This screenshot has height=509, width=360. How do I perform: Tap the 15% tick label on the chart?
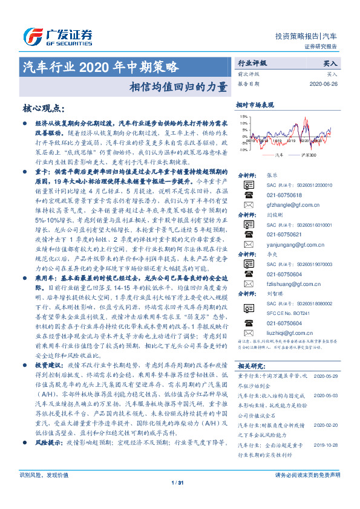click(244, 116)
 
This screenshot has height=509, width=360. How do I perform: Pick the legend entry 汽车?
click(278, 156)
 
